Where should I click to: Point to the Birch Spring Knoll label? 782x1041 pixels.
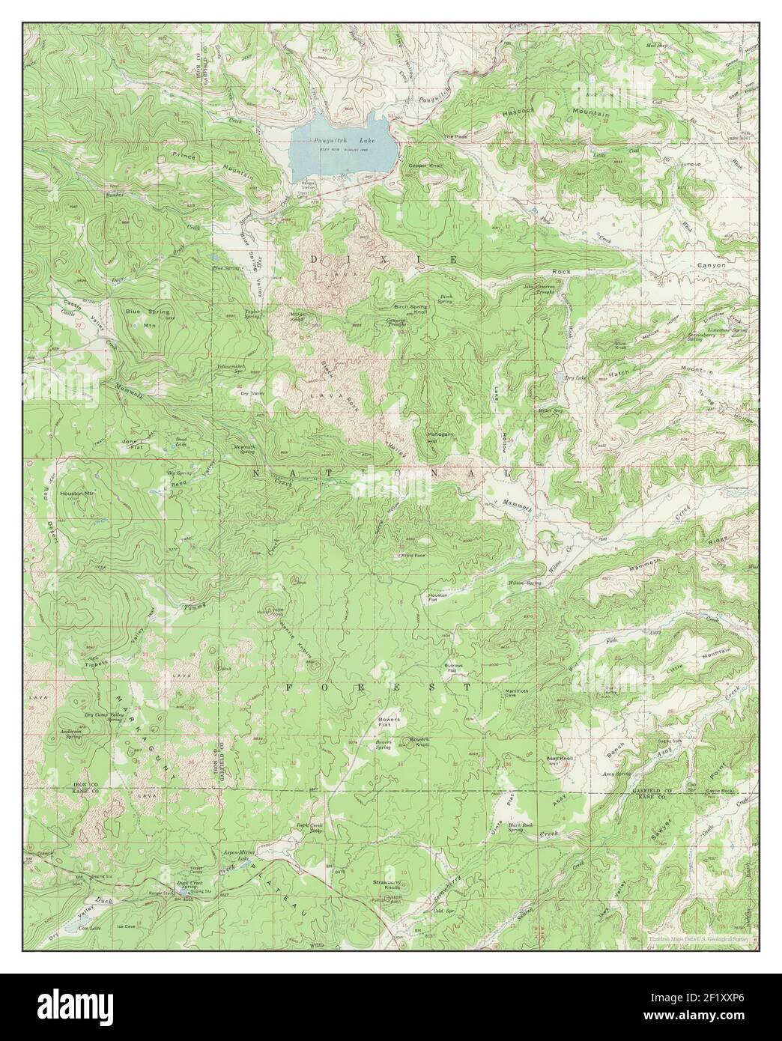click(x=410, y=309)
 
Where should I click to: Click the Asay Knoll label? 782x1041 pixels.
click(x=560, y=759)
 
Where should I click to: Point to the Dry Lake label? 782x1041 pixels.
click(x=574, y=379)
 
